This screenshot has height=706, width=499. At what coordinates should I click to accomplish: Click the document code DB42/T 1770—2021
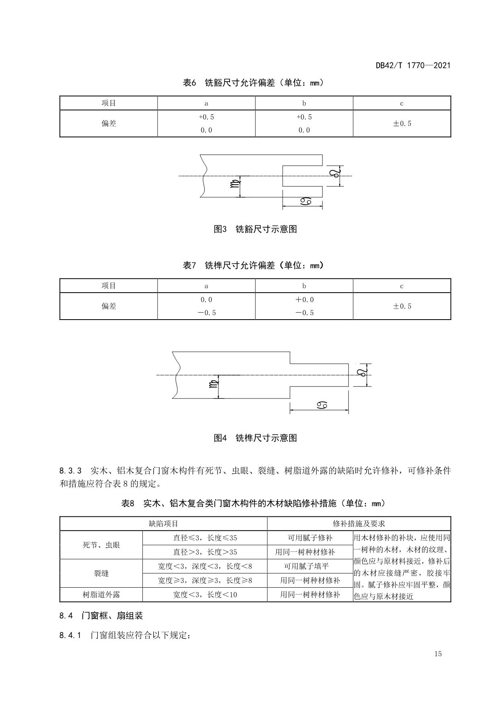point(413,65)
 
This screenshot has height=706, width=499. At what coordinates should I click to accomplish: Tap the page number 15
point(438,654)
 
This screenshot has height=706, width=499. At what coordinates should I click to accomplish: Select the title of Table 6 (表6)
point(253,83)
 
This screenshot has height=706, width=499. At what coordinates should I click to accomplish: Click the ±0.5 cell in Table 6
point(402,124)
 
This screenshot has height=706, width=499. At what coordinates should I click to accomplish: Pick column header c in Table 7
point(402,286)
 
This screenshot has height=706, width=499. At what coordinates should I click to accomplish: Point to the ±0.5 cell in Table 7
point(402,306)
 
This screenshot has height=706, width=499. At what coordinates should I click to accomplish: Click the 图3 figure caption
point(255,229)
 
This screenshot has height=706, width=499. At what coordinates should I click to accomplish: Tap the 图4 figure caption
point(255,438)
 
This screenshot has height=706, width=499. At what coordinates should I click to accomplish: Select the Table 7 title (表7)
point(253,266)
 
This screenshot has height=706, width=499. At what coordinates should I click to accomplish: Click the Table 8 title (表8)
point(253,503)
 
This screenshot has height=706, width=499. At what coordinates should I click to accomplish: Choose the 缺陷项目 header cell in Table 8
point(163,524)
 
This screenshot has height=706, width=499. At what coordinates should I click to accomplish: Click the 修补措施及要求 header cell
point(359,524)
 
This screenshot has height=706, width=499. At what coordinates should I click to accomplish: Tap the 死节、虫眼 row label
point(101,545)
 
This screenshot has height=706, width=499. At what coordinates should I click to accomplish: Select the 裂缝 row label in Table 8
point(101,573)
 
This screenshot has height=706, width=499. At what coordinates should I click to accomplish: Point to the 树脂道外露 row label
point(101,595)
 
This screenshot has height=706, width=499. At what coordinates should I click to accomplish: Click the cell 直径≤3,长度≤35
point(205,538)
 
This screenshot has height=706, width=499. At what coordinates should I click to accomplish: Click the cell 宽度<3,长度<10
point(205,595)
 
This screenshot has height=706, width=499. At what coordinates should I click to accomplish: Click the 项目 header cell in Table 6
point(109,103)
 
